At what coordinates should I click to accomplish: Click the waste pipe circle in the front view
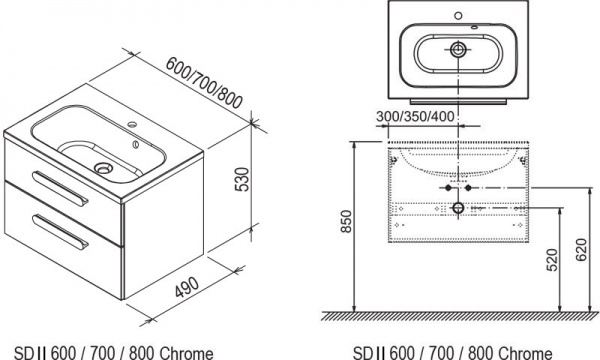click(458, 208)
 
